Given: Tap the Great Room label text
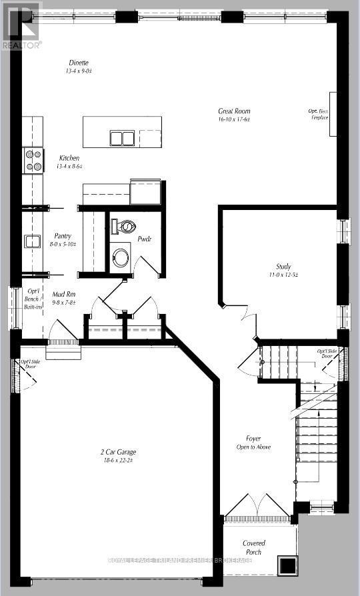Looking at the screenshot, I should pos(234,111).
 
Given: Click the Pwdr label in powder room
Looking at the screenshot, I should pos(145,238).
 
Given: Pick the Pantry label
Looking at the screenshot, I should pos(65,237).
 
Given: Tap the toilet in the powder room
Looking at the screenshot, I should pos(125,227).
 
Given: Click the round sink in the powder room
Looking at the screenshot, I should pos(121,258).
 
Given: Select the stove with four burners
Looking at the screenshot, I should pos(33,160).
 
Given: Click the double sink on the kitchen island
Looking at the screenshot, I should pos(121,138).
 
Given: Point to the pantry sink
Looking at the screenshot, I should pos(32,241).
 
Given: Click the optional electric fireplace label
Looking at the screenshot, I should pos(320,113).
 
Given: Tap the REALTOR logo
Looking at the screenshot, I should pos(21,25).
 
